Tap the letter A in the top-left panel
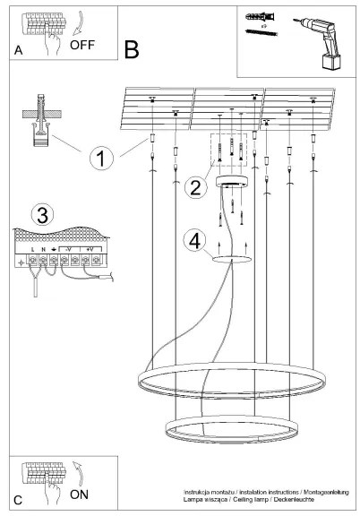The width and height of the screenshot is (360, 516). pyautogui.click(x=19, y=52)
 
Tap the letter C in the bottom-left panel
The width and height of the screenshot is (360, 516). pyautogui.click(x=19, y=498)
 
